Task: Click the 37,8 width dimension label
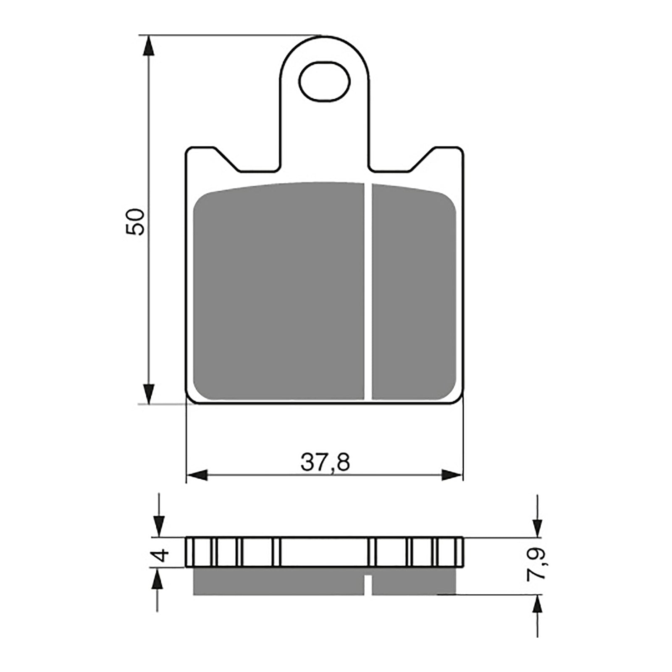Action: pos(325,463)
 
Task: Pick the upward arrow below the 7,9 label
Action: pos(538,605)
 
